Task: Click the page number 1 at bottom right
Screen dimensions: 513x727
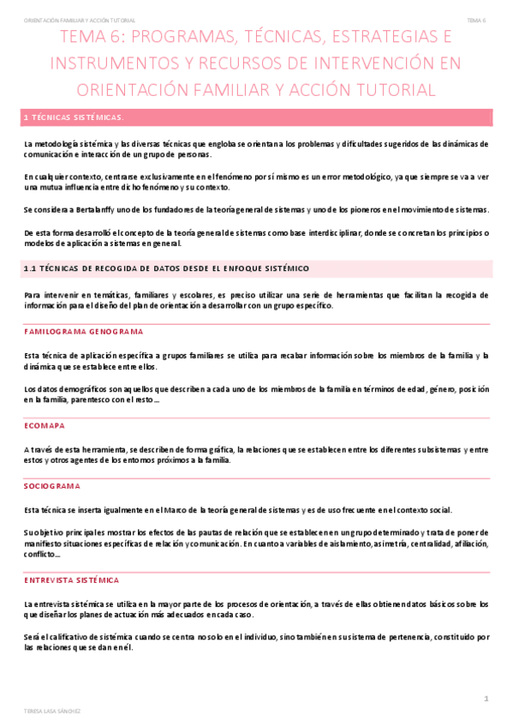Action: click(486, 700)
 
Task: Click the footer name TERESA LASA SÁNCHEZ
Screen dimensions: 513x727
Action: click(52, 711)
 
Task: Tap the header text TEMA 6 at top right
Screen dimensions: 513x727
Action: click(476, 20)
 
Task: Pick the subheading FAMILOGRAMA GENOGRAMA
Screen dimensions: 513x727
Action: click(83, 331)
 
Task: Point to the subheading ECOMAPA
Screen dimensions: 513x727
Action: click(45, 425)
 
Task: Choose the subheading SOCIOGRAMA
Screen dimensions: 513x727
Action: click(52, 485)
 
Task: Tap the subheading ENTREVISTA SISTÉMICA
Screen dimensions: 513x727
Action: click(72, 580)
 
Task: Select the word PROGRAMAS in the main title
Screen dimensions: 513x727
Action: click(178, 38)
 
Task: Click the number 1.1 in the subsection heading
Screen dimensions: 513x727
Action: click(30, 269)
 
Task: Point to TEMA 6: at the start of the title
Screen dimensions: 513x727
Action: click(91, 38)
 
